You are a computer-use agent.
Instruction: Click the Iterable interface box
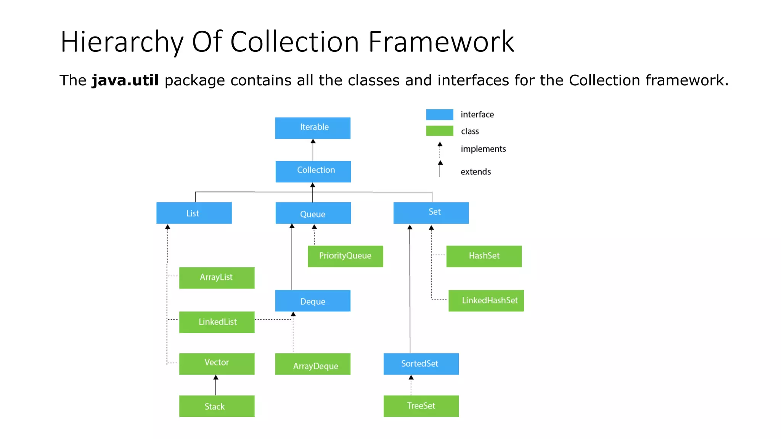[313, 128]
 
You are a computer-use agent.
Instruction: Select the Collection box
[313, 171]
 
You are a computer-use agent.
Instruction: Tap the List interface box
[194, 213]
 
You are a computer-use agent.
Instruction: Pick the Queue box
[313, 213]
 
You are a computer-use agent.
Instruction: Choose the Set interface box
[431, 213]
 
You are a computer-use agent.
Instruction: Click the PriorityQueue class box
[345, 256]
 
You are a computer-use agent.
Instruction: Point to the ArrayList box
[217, 277]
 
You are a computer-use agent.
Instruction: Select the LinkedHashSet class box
[486, 300]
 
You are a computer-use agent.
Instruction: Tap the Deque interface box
[313, 301]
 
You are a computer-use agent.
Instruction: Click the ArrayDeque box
[313, 364]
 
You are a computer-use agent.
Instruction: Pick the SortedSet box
[421, 364]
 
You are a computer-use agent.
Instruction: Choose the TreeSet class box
[421, 406]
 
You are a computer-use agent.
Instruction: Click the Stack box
[217, 406]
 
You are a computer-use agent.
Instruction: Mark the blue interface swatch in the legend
[439, 114]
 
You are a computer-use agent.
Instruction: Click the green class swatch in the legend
[439, 131]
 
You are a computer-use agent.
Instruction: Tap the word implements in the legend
[483, 149]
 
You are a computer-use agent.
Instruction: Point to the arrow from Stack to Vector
[216, 385]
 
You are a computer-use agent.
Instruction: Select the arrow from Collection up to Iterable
[313, 150]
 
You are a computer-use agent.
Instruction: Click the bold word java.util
[125, 80]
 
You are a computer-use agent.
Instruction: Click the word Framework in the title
[441, 42]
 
